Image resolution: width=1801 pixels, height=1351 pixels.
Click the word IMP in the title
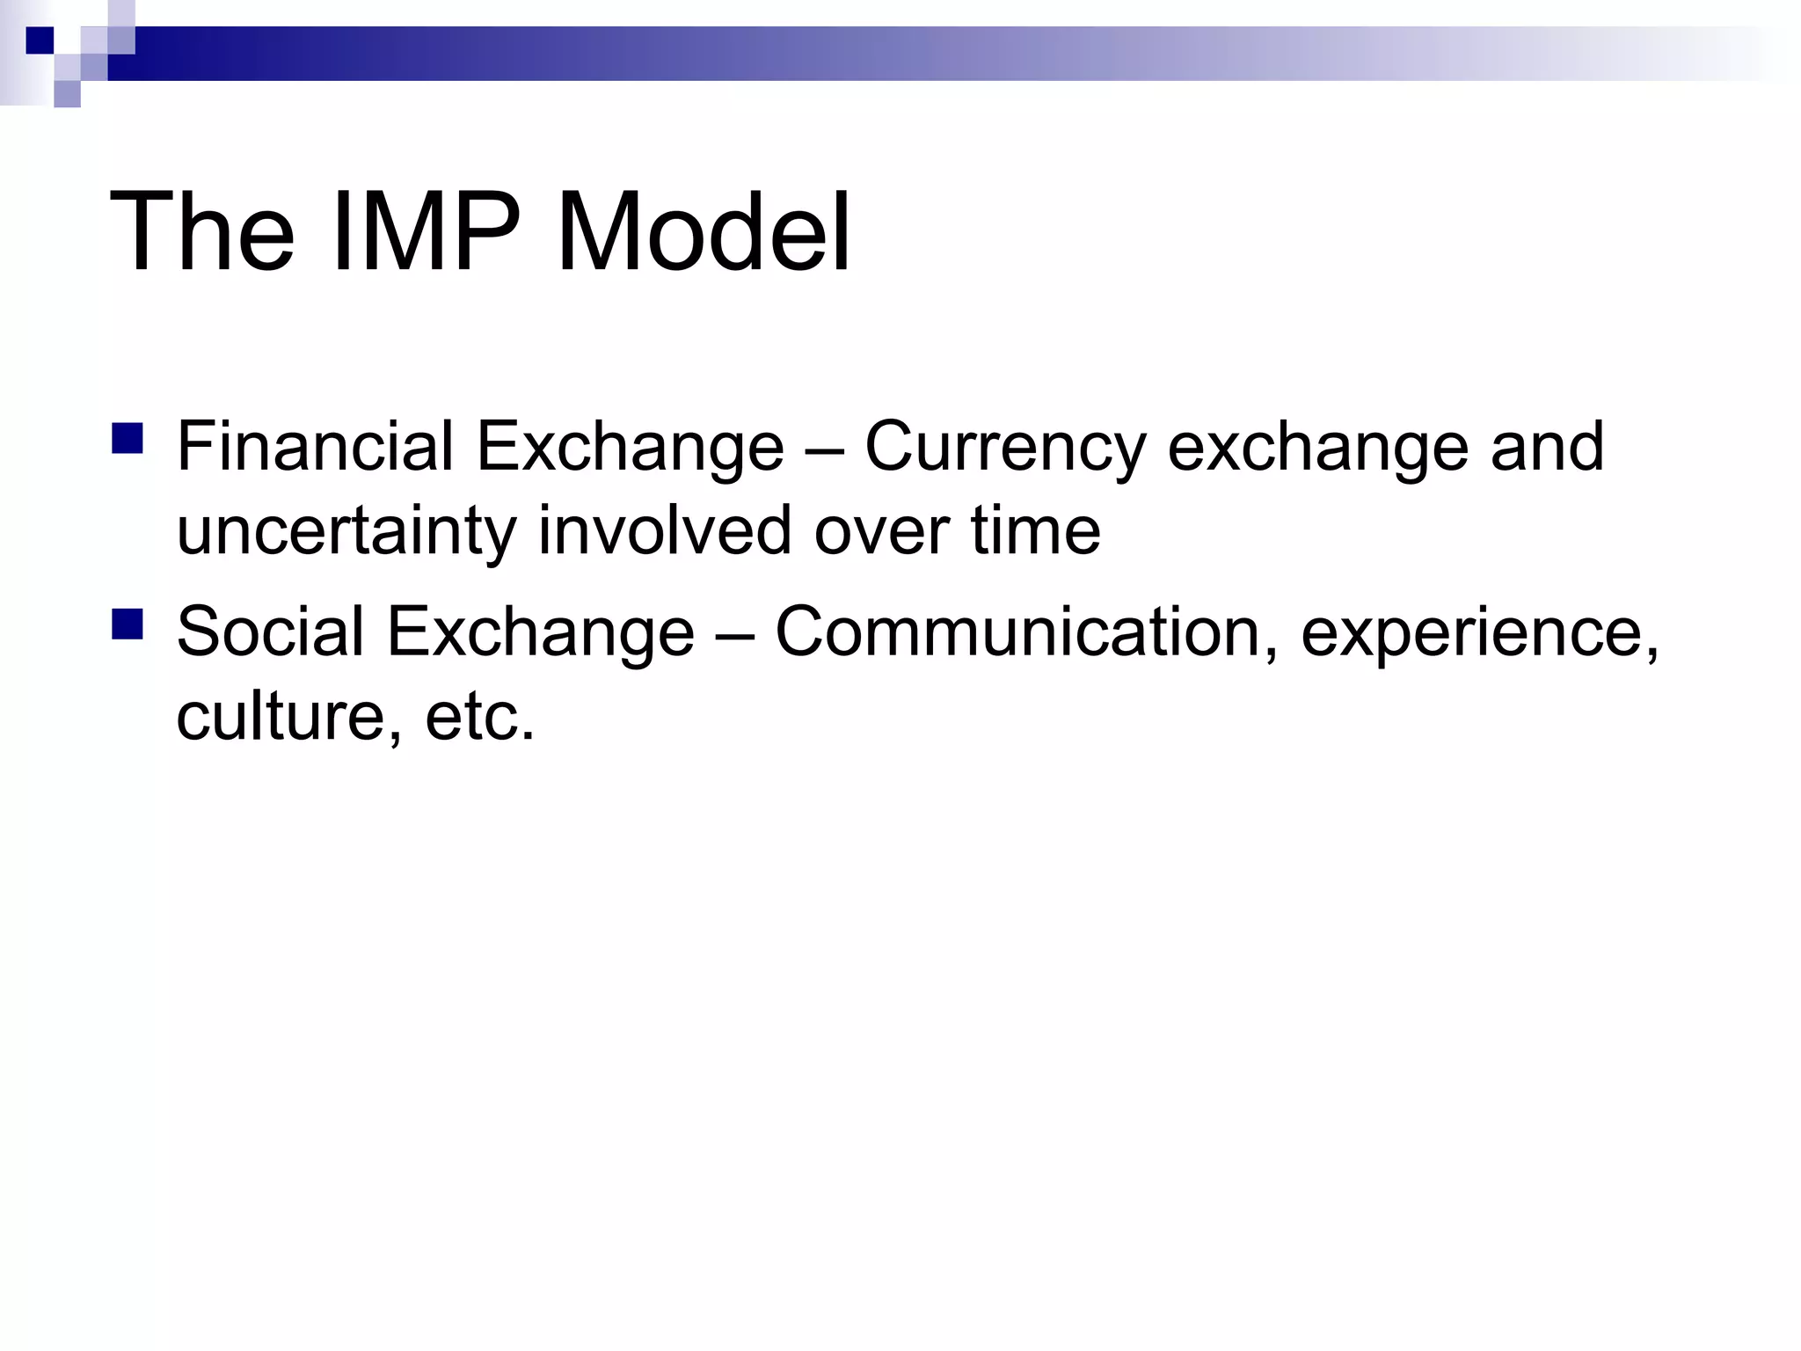[427, 233]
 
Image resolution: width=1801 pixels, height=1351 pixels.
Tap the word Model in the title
[704, 233]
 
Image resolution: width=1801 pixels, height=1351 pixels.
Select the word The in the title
[201, 233]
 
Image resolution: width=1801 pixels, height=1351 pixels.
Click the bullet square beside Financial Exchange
[128, 438]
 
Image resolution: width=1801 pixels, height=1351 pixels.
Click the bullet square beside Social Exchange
[128, 624]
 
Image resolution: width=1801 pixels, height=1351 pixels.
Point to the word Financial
[315, 447]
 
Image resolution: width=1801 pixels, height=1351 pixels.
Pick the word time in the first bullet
[1035, 531]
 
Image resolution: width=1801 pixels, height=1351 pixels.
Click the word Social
[270, 632]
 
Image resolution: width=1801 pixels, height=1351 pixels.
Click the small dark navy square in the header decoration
[40, 40]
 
